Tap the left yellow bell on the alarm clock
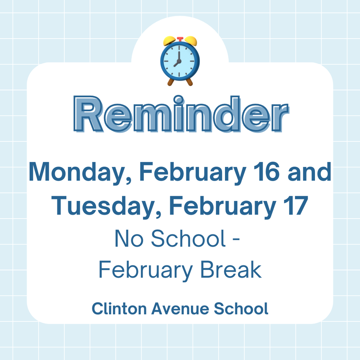click(x=169, y=41)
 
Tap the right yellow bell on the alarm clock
click(x=191, y=41)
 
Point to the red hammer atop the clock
click(x=180, y=38)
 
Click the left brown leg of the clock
click(x=171, y=82)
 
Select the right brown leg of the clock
click(x=189, y=82)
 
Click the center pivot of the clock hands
click(x=179, y=60)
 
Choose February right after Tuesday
click(x=221, y=207)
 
